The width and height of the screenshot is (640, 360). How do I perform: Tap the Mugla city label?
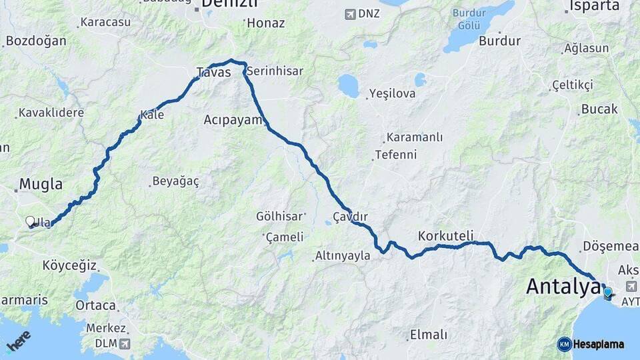click(41, 184)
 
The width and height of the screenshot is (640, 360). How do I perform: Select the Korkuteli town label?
click(445, 235)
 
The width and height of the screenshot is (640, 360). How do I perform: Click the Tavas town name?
click(213, 72)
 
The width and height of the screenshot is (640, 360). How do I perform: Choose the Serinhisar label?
click(275, 71)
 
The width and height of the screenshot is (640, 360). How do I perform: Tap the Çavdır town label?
click(350, 217)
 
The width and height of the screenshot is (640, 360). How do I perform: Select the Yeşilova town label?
click(392, 93)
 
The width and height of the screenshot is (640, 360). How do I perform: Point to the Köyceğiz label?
click(69, 265)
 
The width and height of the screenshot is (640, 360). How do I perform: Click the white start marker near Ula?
click(30, 221)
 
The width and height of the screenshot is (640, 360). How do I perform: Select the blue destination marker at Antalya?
click(607, 291)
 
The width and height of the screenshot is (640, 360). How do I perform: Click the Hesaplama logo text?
click(598, 344)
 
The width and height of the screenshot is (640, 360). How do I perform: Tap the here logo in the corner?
click(18, 341)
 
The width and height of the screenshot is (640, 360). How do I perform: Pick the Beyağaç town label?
click(175, 181)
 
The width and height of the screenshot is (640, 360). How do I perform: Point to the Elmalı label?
click(429, 334)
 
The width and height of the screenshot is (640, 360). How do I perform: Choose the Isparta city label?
click(593, 6)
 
